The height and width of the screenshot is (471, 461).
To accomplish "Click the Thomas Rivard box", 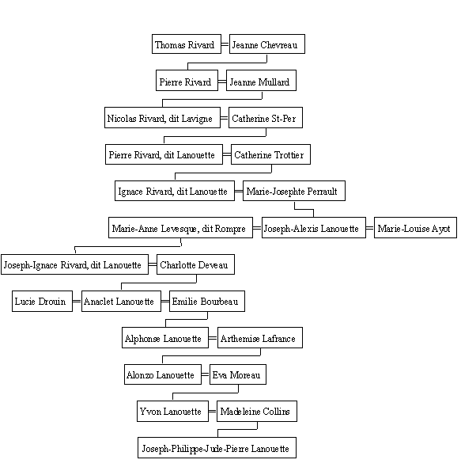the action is [187, 44].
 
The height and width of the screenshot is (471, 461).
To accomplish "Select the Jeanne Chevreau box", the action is [267, 44].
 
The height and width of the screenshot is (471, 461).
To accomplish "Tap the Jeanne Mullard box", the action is [261, 81].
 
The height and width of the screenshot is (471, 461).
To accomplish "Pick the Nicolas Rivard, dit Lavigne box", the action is [162, 117].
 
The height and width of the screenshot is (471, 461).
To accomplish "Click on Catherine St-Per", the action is [266, 117].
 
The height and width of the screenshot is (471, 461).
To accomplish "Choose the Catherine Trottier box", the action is [270, 154].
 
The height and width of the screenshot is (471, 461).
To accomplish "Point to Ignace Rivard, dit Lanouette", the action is [175, 191].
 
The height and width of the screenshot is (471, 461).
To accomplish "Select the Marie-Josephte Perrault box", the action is [294, 191].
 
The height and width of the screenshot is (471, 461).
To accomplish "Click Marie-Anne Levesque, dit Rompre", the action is [180, 228].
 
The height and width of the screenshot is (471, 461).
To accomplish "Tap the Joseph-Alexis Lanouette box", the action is [314, 228].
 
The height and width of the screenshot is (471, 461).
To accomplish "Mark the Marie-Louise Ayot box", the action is [415, 228].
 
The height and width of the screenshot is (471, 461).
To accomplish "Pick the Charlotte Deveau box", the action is [195, 264].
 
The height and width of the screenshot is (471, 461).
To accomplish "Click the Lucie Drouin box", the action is [43, 301].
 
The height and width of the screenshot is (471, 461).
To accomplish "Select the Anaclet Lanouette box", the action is [121, 301].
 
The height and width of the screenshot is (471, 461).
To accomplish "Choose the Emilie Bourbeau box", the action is [207, 301].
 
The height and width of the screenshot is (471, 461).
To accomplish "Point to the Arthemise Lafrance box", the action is [260, 338].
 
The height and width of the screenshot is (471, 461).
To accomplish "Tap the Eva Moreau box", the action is [238, 374].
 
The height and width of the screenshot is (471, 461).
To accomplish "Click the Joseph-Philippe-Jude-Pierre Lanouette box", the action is [217, 447].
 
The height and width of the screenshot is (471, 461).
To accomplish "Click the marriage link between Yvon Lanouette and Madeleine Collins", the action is [213, 411].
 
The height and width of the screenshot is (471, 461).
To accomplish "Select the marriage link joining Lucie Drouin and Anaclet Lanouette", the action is [77, 301].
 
